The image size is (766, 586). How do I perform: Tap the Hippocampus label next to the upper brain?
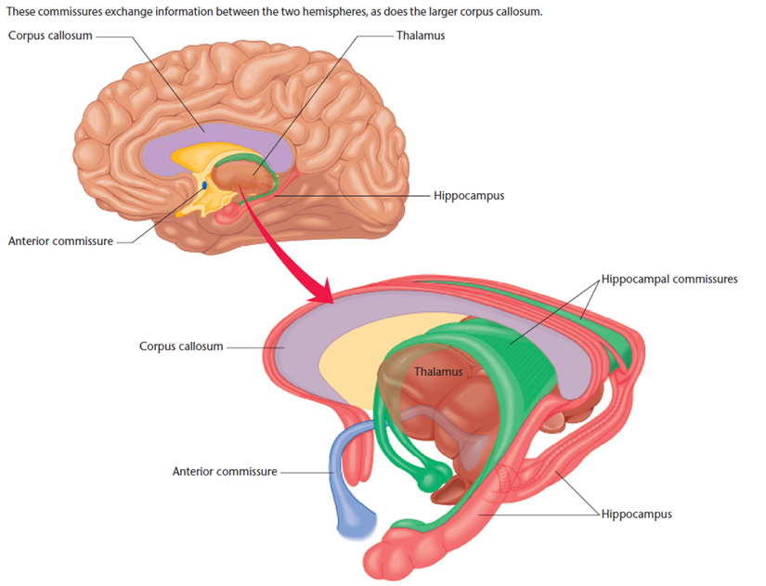click(x=468, y=196)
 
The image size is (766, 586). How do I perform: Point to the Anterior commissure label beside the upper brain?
click(x=60, y=241)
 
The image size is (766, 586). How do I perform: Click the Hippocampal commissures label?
click(x=669, y=279)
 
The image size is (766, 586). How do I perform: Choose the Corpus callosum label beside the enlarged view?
click(x=181, y=346)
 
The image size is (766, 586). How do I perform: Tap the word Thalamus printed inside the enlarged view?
click(x=437, y=371)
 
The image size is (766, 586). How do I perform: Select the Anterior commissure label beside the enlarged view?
click(x=225, y=471)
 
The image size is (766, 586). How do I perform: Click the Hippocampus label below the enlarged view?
click(x=636, y=514)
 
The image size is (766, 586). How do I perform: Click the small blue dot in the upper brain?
click(x=205, y=186)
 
